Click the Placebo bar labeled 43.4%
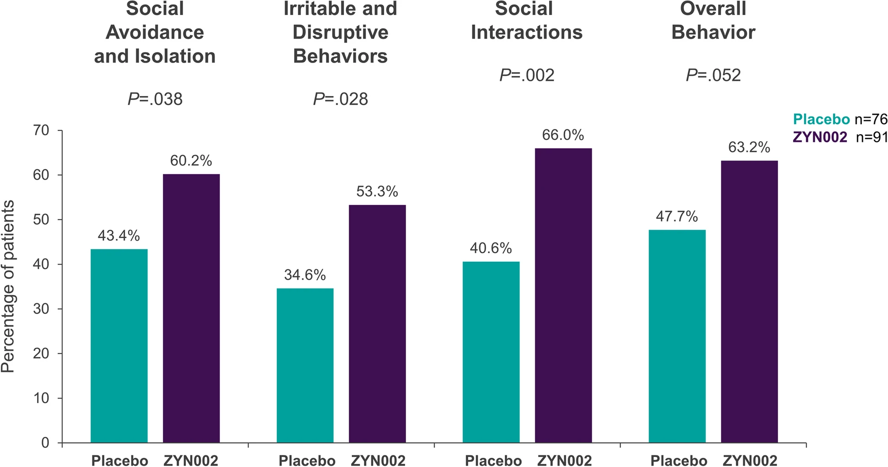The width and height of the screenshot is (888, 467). click(x=119, y=345)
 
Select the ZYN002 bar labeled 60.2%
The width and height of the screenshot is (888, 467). click(x=191, y=308)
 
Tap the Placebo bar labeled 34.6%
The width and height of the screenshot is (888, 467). click(x=305, y=365)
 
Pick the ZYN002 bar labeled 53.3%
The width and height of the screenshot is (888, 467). click(x=377, y=324)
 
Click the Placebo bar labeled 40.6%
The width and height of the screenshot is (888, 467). click(x=491, y=352)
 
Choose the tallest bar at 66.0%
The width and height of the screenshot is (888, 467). click(x=563, y=295)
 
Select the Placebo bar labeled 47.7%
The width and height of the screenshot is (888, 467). click(x=677, y=336)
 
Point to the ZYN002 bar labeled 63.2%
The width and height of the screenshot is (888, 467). click(x=749, y=302)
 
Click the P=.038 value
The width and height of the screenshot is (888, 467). click(x=155, y=99)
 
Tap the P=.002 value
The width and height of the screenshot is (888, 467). click(x=527, y=75)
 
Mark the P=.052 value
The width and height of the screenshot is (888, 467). click(x=713, y=75)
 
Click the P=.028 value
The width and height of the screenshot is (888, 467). click(x=340, y=99)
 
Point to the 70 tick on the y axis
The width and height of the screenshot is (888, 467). click(x=41, y=131)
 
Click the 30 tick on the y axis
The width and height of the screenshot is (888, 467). click(x=41, y=309)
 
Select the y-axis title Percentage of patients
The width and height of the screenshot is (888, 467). click(x=8, y=287)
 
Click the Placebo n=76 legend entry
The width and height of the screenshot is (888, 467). click(x=840, y=120)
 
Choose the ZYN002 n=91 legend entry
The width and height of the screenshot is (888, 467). click(x=840, y=137)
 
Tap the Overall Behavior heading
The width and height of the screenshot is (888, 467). click(x=713, y=21)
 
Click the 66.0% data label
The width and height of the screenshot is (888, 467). click(x=563, y=135)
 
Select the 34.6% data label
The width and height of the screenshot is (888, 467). click(x=305, y=275)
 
